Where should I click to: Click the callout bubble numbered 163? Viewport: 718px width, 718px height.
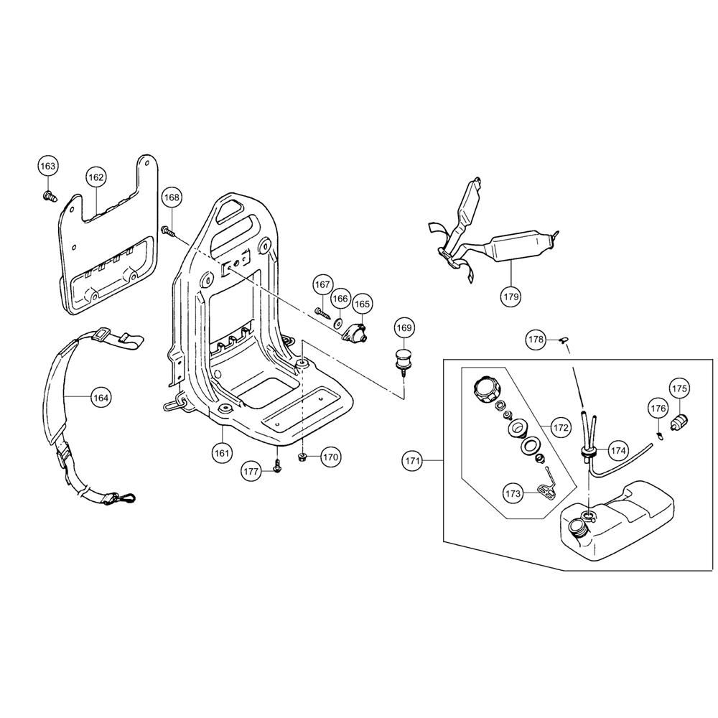[x=47, y=167]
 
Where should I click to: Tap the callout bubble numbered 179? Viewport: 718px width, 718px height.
[x=511, y=297]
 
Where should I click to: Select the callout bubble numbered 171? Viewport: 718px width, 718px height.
[x=413, y=461]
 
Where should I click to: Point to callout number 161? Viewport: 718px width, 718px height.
[x=221, y=453]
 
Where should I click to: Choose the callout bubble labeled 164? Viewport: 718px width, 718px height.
[x=101, y=398]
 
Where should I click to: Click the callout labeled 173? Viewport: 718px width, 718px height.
[x=513, y=493]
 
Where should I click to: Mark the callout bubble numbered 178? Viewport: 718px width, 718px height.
[x=536, y=340]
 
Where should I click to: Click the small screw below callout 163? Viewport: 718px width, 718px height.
[x=50, y=197]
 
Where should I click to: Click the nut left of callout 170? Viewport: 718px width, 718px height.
[x=302, y=457]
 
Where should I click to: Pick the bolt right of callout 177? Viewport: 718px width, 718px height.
[x=276, y=466]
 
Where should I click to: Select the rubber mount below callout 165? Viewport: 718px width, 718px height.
[x=357, y=332]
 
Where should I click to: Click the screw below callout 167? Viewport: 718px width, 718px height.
[x=323, y=312]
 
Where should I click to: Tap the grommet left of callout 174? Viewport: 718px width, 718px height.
[x=587, y=452]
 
